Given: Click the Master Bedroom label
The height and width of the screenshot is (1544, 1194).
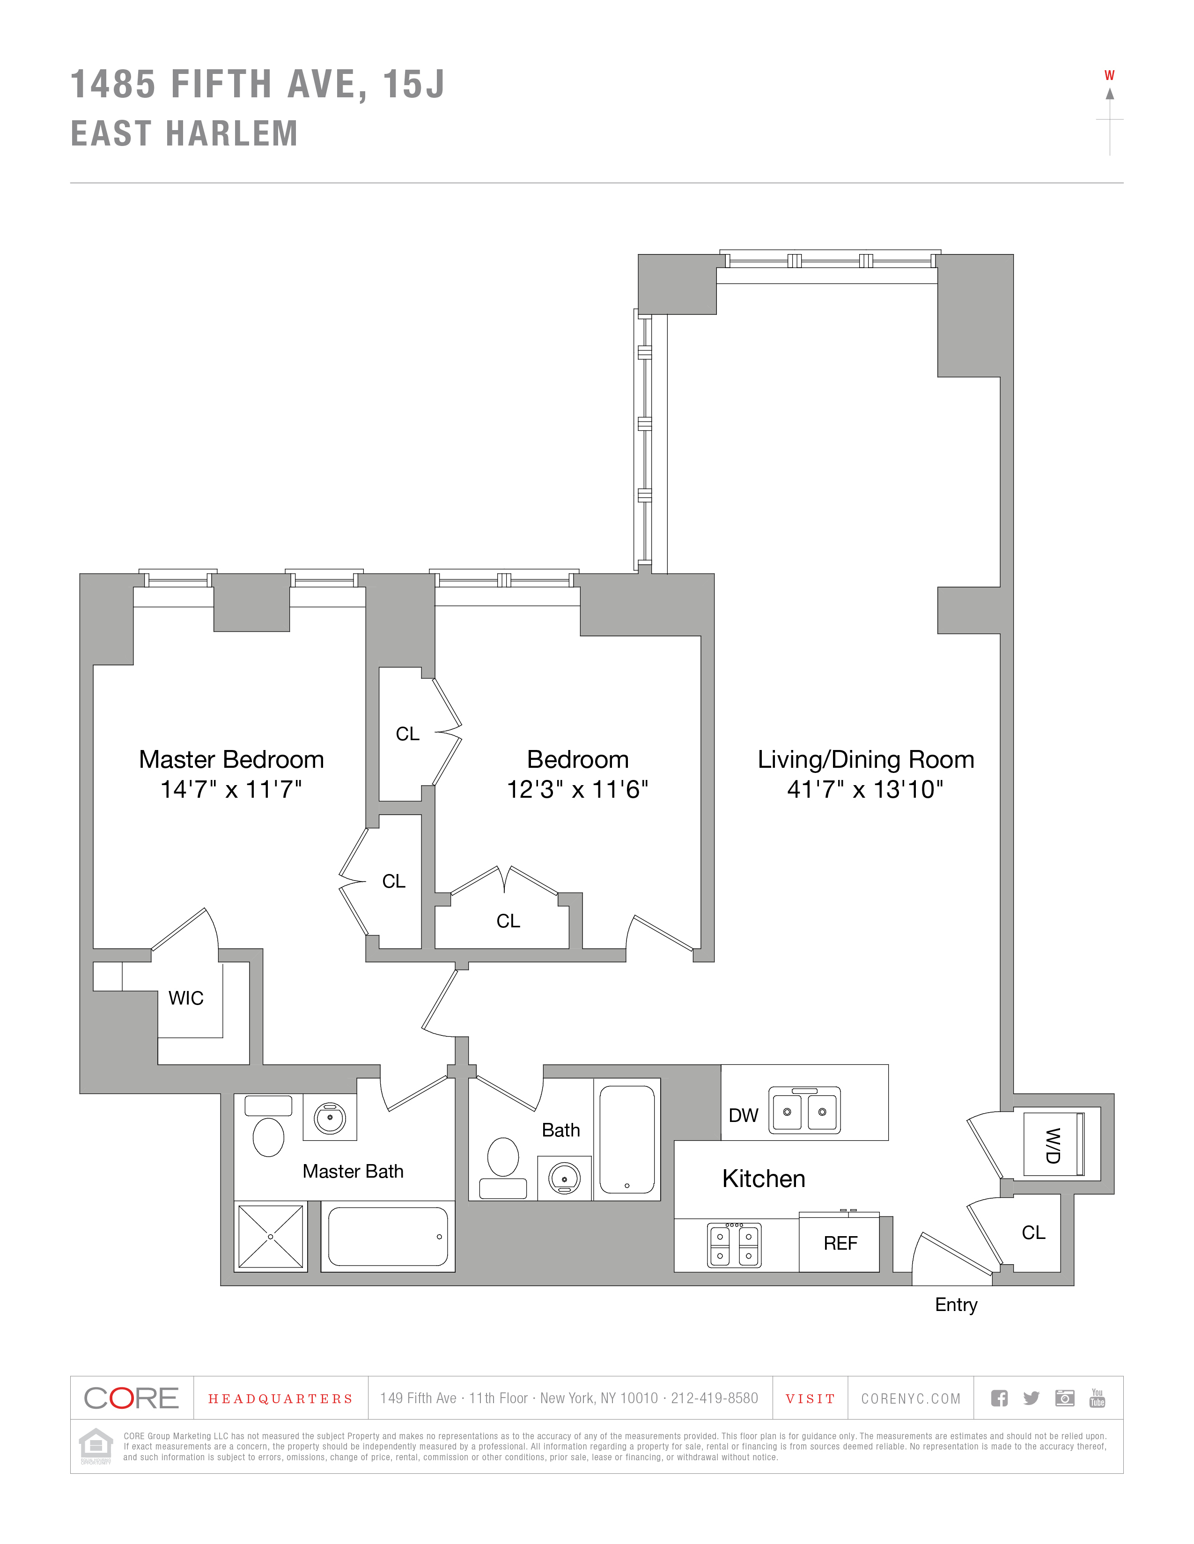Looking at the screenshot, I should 231,759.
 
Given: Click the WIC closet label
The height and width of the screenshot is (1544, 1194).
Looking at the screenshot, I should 186,998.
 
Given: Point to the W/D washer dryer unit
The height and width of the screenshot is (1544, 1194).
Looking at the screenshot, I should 1053,1145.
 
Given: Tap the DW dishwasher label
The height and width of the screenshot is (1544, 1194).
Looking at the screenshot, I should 744,1115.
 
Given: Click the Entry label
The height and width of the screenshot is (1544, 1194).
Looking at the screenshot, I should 956,1305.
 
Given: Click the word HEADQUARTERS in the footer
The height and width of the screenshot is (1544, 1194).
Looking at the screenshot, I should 280,1399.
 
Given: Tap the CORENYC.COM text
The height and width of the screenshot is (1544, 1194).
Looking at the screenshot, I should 910,1399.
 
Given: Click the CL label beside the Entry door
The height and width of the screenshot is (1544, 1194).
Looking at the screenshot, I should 1033,1233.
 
